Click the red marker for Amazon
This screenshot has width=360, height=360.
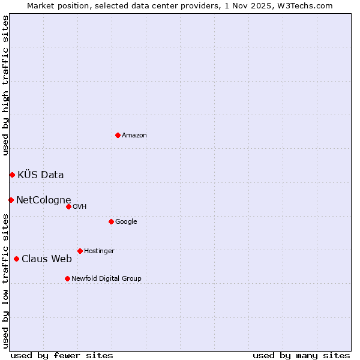coord(118,135)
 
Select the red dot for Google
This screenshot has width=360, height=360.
coord(111,221)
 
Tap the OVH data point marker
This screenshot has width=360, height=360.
coord(68,206)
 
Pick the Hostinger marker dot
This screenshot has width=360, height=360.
coord(80,251)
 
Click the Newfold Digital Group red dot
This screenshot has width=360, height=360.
coord(67,278)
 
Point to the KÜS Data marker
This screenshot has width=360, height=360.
coord(12,175)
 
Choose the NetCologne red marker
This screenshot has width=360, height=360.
coord(11,200)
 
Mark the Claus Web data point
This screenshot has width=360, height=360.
coord(16,259)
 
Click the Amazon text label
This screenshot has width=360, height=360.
coord(134,136)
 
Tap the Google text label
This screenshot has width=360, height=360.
coord(126,222)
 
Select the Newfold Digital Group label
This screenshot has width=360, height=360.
coord(106,279)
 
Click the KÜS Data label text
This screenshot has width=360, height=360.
coord(41,175)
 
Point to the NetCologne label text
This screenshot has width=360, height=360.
coord(44,200)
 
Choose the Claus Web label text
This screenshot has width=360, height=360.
coord(47,259)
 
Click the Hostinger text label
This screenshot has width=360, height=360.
coord(99,251)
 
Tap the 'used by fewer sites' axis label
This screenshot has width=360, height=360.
coord(62,356)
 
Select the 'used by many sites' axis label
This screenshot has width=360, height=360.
coord(301,356)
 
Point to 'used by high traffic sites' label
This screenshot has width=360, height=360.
coord(6,85)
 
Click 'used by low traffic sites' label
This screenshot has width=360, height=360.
coord(6,280)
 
